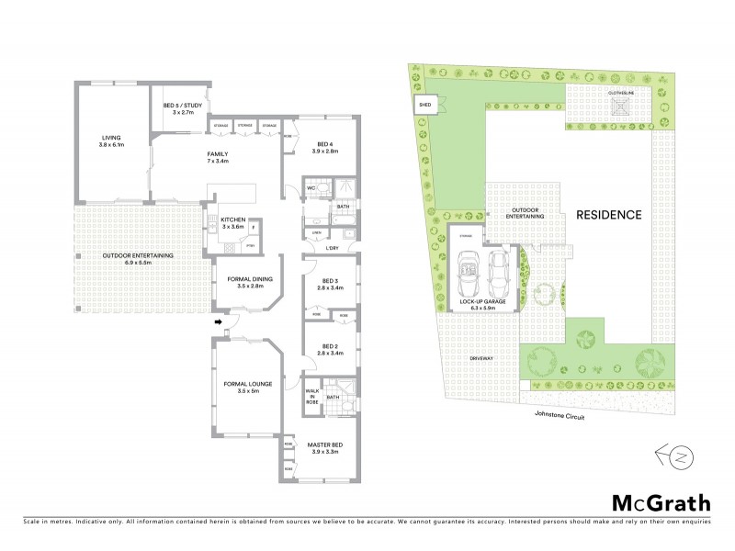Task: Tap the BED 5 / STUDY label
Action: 182,106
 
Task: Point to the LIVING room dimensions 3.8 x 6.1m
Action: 118,146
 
